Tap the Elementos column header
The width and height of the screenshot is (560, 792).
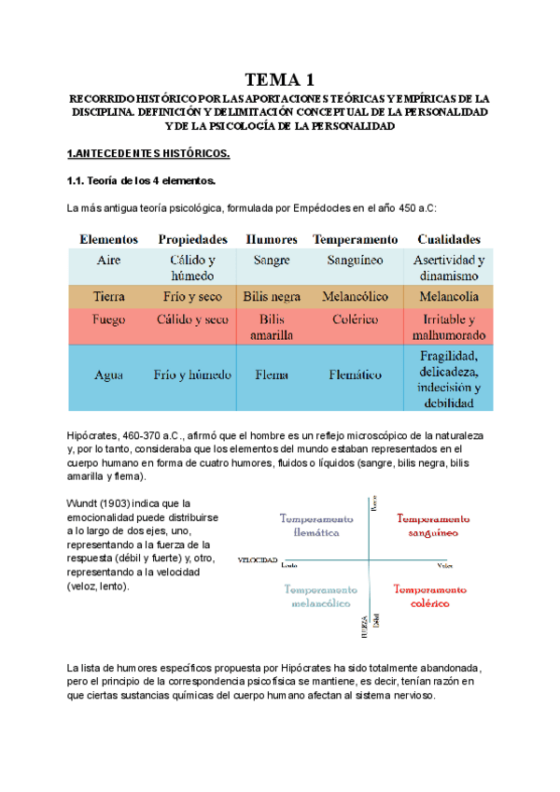(108, 239)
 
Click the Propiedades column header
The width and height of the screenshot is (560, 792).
(193, 239)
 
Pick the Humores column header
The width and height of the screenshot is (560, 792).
(272, 239)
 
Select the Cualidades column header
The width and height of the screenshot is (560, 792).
(449, 239)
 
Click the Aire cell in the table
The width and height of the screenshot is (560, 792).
(108, 261)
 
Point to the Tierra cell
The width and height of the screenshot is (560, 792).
(108, 296)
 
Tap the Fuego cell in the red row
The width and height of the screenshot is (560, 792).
(108, 319)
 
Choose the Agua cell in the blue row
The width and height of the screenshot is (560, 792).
(108, 375)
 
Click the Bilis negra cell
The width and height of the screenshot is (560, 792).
(272, 296)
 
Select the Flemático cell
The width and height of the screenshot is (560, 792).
(355, 375)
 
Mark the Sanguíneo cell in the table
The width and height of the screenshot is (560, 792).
(355, 261)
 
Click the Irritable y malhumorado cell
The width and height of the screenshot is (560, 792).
(449, 327)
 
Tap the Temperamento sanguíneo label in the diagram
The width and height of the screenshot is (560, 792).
(432, 525)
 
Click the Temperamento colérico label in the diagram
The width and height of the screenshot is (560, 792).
(432, 597)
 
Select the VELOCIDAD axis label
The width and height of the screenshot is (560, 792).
(258, 559)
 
